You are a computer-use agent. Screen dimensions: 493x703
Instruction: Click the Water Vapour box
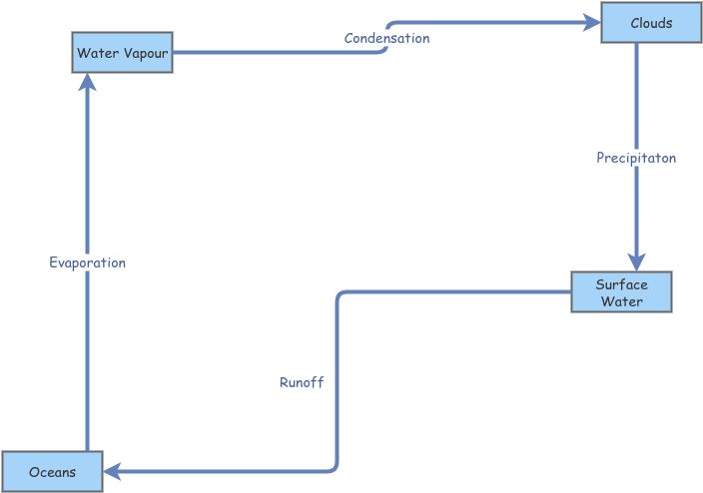[x=123, y=52]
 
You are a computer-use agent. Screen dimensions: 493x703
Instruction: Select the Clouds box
[x=651, y=23]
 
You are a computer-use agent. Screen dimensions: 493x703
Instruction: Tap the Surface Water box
[x=621, y=292]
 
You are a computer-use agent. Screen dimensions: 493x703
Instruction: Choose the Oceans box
[x=52, y=471]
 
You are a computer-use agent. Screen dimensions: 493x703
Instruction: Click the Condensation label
[x=386, y=38]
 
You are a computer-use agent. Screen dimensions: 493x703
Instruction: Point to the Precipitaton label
[x=636, y=158]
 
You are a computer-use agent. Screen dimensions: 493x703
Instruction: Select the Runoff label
[x=302, y=382]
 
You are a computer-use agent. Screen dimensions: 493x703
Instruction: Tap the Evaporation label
[x=88, y=262]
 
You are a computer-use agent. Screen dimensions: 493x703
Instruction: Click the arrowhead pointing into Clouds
[x=591, y=23]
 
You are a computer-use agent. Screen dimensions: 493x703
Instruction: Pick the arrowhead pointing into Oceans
[x=113, y=470]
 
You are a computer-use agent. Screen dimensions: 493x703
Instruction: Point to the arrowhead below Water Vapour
[x=88, y=82]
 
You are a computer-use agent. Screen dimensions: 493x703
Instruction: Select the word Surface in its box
[x=621, y=284]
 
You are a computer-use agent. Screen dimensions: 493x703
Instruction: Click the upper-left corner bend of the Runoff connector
[x=340, y=295]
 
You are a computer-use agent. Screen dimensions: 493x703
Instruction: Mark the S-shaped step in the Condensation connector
[x=386, y=37]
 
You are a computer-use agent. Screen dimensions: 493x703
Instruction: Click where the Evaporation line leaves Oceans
[x=88, y=450]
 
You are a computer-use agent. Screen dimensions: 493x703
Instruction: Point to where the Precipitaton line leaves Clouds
[x=636, y=44]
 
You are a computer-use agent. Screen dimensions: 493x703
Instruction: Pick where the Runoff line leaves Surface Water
[x=570, y=292]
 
